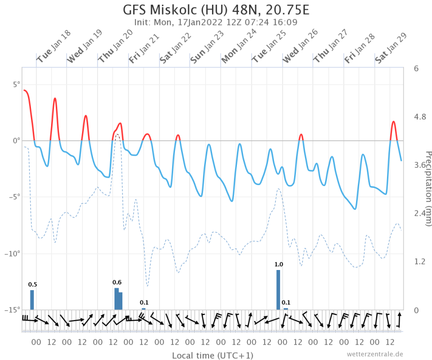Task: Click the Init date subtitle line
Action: point(216,22)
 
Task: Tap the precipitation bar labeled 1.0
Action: point(278,290)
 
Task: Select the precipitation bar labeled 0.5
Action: point(32,300)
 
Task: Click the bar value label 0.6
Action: point(117,282)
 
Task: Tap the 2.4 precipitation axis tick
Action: point(419,213)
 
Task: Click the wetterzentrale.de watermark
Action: point(375,354)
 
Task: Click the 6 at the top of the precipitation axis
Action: point(416,68)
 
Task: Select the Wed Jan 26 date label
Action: point(300,46)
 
